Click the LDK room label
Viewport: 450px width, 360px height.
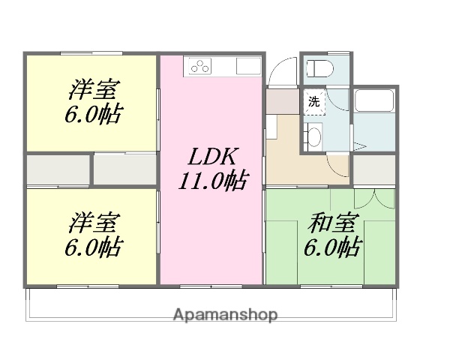click(212, 157)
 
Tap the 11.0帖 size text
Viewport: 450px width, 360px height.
click(213, 180)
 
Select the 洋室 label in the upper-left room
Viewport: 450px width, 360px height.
click(94, 90)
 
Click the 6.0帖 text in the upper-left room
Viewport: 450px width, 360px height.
click(94, 114)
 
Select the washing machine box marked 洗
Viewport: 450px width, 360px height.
click(314, 102)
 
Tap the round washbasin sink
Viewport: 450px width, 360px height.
click(315, 137)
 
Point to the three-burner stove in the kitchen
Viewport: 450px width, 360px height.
click(200, 66)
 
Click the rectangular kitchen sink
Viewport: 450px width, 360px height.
click(247, 66)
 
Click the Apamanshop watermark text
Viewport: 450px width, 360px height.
click(225, 314)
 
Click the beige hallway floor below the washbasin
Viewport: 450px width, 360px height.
click(300, 169)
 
